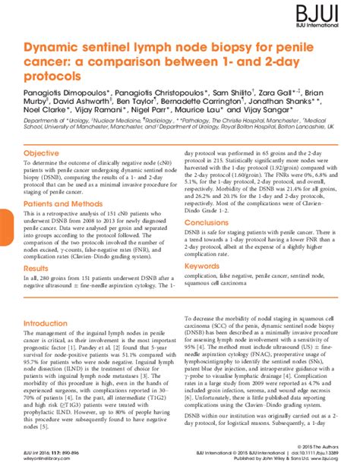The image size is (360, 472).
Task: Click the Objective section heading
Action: point(42,153)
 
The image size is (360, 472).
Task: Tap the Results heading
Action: point(36,269)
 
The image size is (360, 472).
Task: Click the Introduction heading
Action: point(45,323)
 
